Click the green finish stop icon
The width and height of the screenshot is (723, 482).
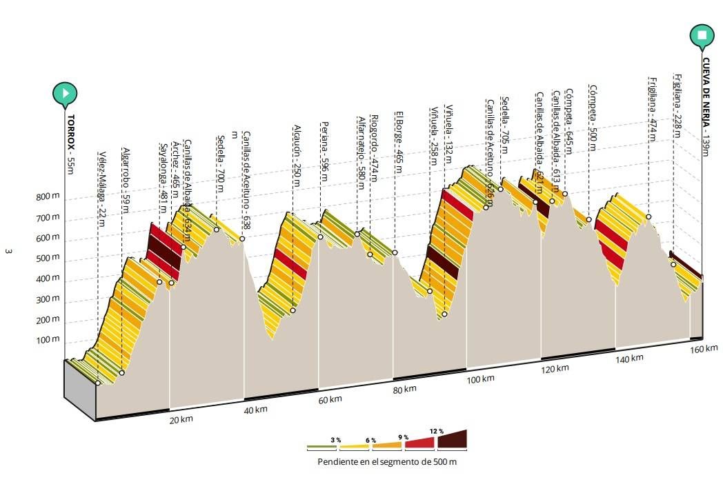point(702,35)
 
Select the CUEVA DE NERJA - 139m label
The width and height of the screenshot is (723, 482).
point(706,108)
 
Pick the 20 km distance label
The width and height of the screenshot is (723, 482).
point(181,420)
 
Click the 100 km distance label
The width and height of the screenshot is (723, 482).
point(480,379)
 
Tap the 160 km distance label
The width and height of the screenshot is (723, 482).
point(704,350)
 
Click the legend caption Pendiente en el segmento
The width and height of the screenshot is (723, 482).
point(386,461)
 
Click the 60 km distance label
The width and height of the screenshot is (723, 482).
point(330,399)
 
